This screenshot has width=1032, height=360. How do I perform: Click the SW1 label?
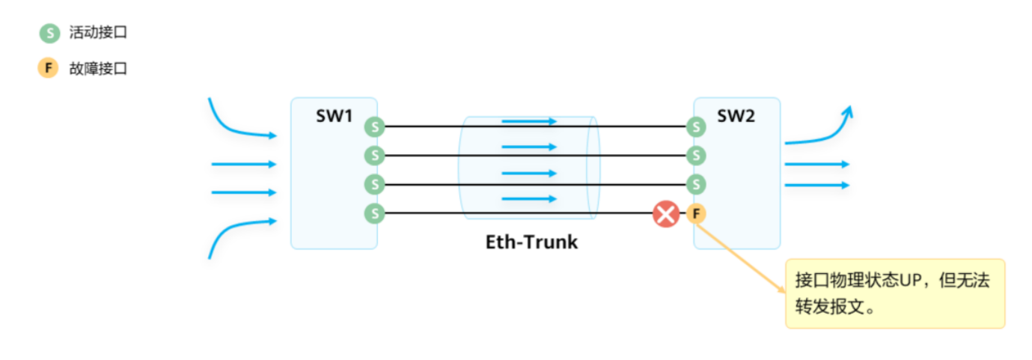pos(334,116)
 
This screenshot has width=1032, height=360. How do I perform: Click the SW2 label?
pos(736,116)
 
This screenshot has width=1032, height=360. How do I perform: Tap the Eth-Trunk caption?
pos(531,242)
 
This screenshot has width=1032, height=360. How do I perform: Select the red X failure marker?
pos(666,214)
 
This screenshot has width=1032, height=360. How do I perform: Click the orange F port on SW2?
pos(696,213)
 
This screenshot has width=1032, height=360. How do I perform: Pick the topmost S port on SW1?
pos(375,126)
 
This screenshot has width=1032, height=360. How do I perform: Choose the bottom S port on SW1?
pos(375,213)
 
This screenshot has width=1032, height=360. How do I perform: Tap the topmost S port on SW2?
pos(696,126)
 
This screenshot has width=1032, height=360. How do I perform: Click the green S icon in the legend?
pos(49,33)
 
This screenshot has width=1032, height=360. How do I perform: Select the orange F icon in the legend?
pos(48,68)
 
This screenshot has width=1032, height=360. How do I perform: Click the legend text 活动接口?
pos(98,32)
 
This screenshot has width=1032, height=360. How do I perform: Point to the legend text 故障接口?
pos(98,69)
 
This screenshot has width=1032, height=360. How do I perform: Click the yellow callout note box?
pos(895,293)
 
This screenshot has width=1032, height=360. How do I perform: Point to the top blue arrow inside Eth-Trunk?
pos(529,121)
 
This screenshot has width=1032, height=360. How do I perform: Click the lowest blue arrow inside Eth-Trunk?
pos(529,198)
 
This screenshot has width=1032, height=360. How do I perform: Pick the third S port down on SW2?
pos(696,184)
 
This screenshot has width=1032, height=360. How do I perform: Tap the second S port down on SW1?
pos(375,156)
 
